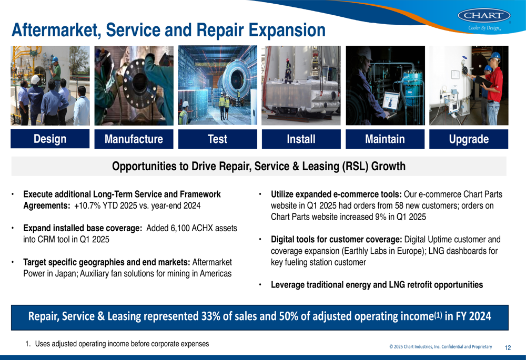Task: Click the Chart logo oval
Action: tap(484, 15)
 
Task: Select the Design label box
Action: tap(50, 139)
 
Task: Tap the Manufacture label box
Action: tap(134, 139)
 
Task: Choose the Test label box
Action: tap(217, 139)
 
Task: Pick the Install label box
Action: tap(301, 139)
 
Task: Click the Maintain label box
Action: tap(385, 139)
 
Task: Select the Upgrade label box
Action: tap(469, 139)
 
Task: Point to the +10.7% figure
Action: tap(87, 205)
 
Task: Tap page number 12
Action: tap(508, 347)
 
